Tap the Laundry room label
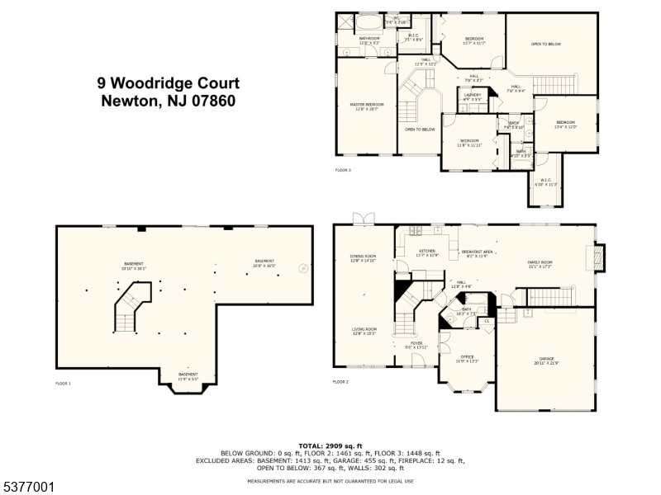[473, 97]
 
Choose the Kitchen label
[426, 252]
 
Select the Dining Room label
[363, 258]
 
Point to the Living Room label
[364, 331]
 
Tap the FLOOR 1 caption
[64, 384]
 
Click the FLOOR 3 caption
[343, 170]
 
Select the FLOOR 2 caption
[341, 382]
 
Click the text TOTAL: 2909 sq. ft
[330, 445]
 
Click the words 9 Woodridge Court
[168, 83]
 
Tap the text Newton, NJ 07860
[168, 101]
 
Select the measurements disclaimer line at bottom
[330, 481]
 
